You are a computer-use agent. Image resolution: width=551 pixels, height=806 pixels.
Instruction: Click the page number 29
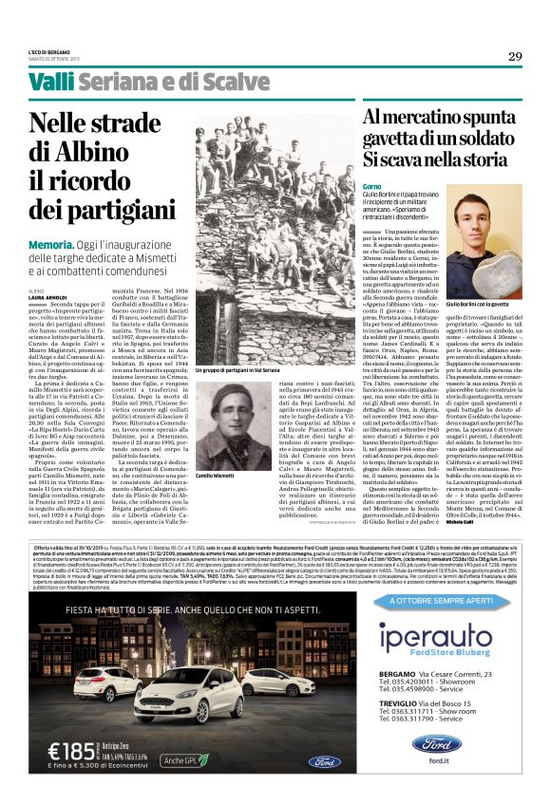[514, 56]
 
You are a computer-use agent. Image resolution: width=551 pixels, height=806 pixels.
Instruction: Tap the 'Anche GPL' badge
[185, 759]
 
